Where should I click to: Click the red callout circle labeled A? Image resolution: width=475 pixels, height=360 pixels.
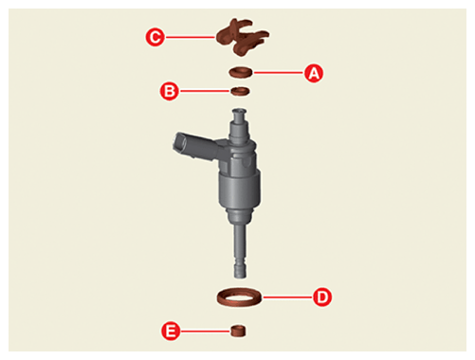(x=314, y=73)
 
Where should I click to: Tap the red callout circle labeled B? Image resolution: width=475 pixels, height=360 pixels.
(x=170, y=91)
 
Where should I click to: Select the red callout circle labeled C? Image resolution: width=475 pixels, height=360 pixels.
(x=155, y=37)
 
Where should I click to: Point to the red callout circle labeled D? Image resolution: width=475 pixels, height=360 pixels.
(x=322, y=297)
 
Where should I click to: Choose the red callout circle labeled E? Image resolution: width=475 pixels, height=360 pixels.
(x=171, y=332)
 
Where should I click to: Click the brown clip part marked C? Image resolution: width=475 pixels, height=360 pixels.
(x=242, y=37)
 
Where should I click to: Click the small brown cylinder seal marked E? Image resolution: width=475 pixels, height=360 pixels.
(x=238, y=331)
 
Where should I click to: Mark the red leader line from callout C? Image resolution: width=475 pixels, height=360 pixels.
(x=191, y=37)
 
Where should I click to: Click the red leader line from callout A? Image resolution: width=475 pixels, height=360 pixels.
(x=279, y=73)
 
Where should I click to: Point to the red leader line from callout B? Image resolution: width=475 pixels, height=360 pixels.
(x=205, y=91)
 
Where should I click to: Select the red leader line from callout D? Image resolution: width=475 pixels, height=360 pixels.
(x=287, y=297)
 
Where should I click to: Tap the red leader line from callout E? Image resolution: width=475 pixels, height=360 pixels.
(x=206, y=332)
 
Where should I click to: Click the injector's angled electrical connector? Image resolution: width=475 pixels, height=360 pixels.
(x=194, y=146)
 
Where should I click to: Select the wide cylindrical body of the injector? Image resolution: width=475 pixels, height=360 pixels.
(x=239, y=189)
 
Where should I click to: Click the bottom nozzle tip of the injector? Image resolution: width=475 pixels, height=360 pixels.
(x=240, y=271)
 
